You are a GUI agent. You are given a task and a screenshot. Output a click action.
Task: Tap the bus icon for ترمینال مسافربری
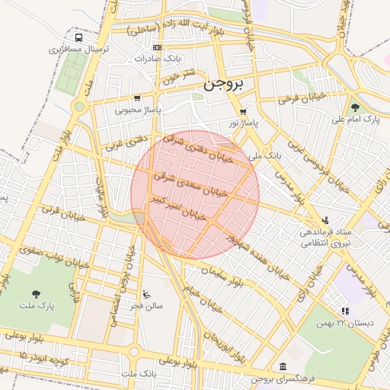tap(79, 37)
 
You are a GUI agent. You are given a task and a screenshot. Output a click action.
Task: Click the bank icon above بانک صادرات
tap(157, 47)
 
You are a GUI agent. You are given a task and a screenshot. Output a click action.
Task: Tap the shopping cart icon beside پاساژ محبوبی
tap(136, 97)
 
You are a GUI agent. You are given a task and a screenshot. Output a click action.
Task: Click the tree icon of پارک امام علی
tap(355, 107)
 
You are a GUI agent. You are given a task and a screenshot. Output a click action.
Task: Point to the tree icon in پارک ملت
tap(36, 293)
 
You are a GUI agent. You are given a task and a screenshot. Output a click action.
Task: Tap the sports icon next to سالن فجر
tap(146, 294)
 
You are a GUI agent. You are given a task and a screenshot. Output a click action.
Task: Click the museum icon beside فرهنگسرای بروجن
tap(283, 366)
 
